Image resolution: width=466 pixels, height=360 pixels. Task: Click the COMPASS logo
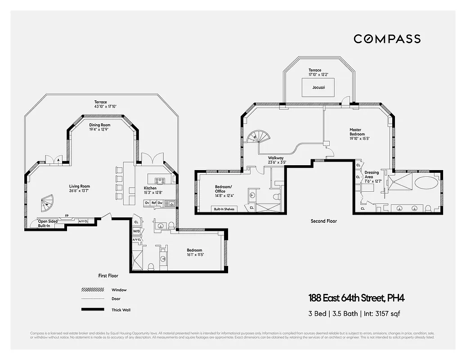tap(387, 39)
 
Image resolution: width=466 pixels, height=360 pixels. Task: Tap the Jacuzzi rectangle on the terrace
tap(318, 87)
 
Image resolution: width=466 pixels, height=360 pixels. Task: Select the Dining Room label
tap(99, 125)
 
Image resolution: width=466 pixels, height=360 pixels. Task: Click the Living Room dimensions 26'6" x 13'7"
tap(79, 191)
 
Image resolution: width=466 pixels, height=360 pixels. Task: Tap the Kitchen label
tap(150, 188)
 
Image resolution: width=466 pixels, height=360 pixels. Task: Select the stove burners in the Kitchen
tap(160, 181)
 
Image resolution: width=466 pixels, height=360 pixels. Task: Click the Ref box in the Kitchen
tap(153, 203)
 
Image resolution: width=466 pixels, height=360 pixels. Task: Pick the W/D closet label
tap(136, 231)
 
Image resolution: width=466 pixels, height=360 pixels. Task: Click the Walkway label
tap(276, 157)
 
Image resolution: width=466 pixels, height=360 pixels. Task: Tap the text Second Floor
tap(323, 221)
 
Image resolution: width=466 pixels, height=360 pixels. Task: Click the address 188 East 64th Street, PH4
tap(359, 298)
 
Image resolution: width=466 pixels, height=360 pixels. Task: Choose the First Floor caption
tap(108, 275)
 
